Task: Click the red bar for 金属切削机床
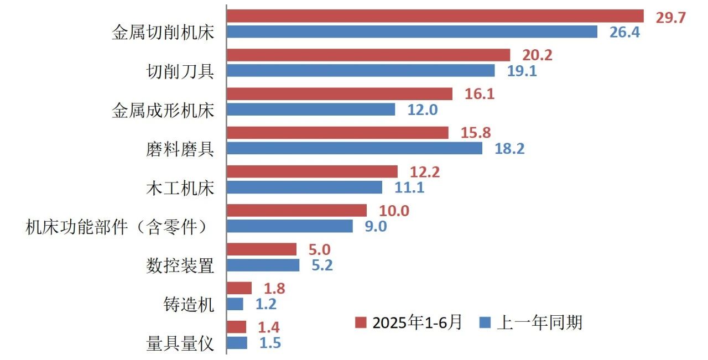click(x=435, y=16)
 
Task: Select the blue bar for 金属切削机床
click(x=412, y=32)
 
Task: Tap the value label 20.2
click(x=537, y=55)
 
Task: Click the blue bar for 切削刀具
click(x=361, y=71)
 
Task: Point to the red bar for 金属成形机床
click(x=340, y=94)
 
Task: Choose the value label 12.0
click(x=423, y=110)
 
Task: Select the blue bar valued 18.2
click(x=355, y=149)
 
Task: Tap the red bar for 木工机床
click(x=312, y=172)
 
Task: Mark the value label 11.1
click(x=409, y=188)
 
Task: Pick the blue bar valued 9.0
click(x=290, y=226)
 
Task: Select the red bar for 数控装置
click(x=262, y=249)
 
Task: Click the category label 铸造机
click(x=189, y=305)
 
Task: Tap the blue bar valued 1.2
click(x=235, y=304)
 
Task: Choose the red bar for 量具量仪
click(x=237, y=327)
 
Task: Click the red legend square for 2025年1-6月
click(x=361, y=322)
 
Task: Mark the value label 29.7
click(x=670, y=18)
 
